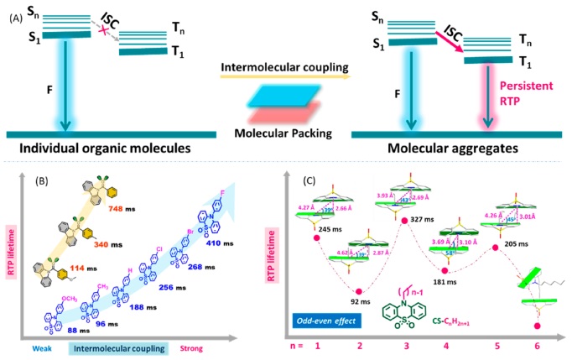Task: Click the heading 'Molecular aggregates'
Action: coord(449,149)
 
